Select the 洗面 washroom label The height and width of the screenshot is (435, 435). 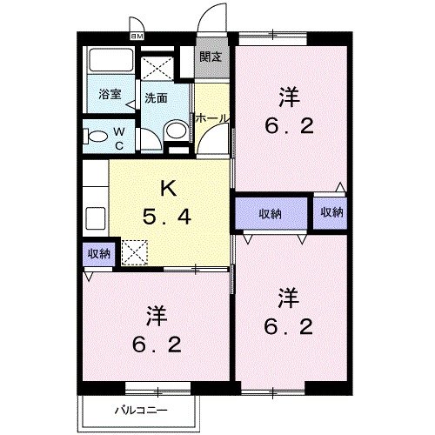tap(156, 98)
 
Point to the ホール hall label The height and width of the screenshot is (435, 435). tap(211, 117)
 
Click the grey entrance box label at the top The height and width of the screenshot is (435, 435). tap(211, 57)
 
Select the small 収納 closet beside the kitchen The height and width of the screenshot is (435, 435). tap(98, 253)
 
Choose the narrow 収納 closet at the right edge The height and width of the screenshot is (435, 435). tap(331, 212)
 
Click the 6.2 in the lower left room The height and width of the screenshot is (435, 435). tap(157, 345)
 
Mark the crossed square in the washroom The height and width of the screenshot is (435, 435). tap(157, 68)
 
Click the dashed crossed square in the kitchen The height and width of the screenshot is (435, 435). tap(134, 252)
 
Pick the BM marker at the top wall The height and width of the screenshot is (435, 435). tap(137, 37)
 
